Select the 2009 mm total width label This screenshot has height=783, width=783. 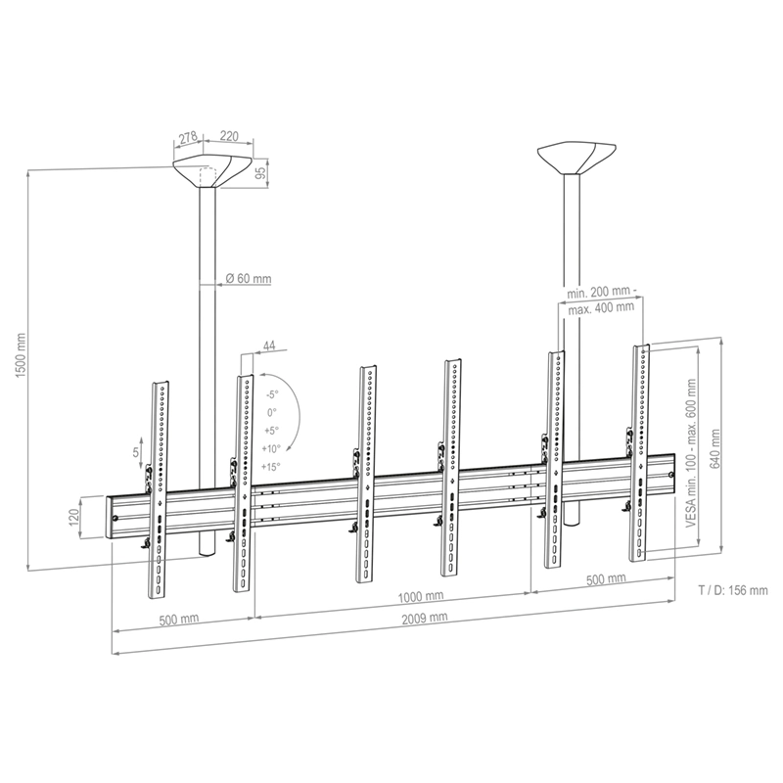pos(424,618)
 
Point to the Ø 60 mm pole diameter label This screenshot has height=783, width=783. pos(248,279)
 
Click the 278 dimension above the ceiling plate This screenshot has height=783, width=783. pos(188,138)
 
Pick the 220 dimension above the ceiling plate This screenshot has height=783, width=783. pos(230,138)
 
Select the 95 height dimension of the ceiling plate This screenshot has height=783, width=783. pos(260,173)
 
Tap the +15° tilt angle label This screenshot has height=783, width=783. pos(270,467)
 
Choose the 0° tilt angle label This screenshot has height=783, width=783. pos(271,412)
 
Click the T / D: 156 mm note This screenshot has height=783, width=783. pos(732,590)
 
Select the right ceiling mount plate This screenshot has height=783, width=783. pos(577,157)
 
